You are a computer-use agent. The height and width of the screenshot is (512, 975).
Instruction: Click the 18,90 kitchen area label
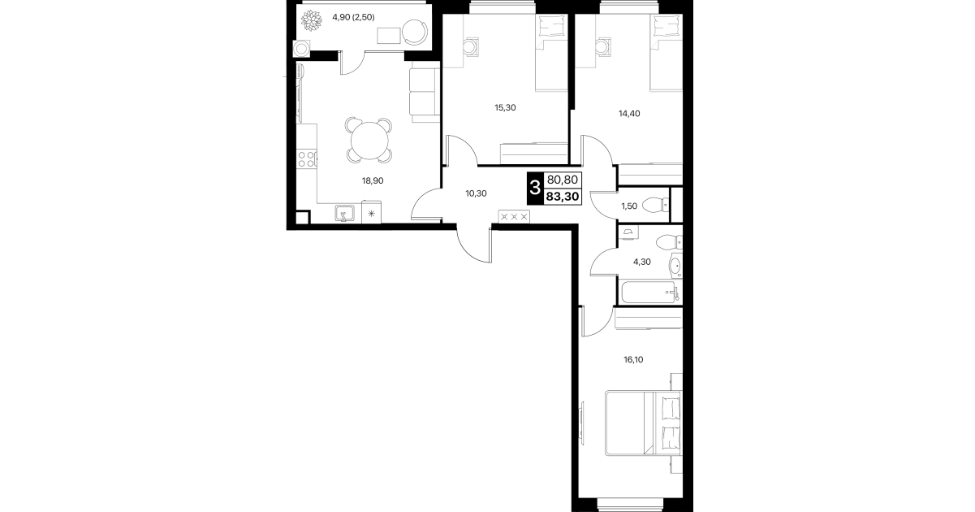373,180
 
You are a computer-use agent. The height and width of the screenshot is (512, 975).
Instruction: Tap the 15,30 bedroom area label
505,107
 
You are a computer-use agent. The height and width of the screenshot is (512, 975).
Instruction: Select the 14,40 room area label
629,113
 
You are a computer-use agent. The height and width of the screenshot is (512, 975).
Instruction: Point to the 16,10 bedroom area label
633,359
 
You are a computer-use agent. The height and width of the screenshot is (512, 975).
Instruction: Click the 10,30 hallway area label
476,193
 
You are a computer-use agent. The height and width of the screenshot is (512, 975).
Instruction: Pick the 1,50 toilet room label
629,206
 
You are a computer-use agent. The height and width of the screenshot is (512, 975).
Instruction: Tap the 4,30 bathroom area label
642,262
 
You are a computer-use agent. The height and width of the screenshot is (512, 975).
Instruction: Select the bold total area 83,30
563,197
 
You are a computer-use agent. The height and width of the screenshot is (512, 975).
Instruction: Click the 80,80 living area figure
563,180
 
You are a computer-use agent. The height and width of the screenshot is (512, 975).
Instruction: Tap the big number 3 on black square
535,189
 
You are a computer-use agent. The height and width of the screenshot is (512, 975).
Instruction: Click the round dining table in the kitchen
369,141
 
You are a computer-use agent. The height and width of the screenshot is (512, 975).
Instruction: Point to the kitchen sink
344,214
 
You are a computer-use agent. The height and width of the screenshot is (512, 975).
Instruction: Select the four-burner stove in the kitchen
306,159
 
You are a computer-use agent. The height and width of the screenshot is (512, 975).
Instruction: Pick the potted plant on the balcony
311,20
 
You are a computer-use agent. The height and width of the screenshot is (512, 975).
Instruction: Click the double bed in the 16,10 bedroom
643,423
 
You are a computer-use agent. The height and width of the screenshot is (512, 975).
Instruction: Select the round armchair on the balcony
414,32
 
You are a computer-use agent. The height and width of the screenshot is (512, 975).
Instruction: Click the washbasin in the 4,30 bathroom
676,265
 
